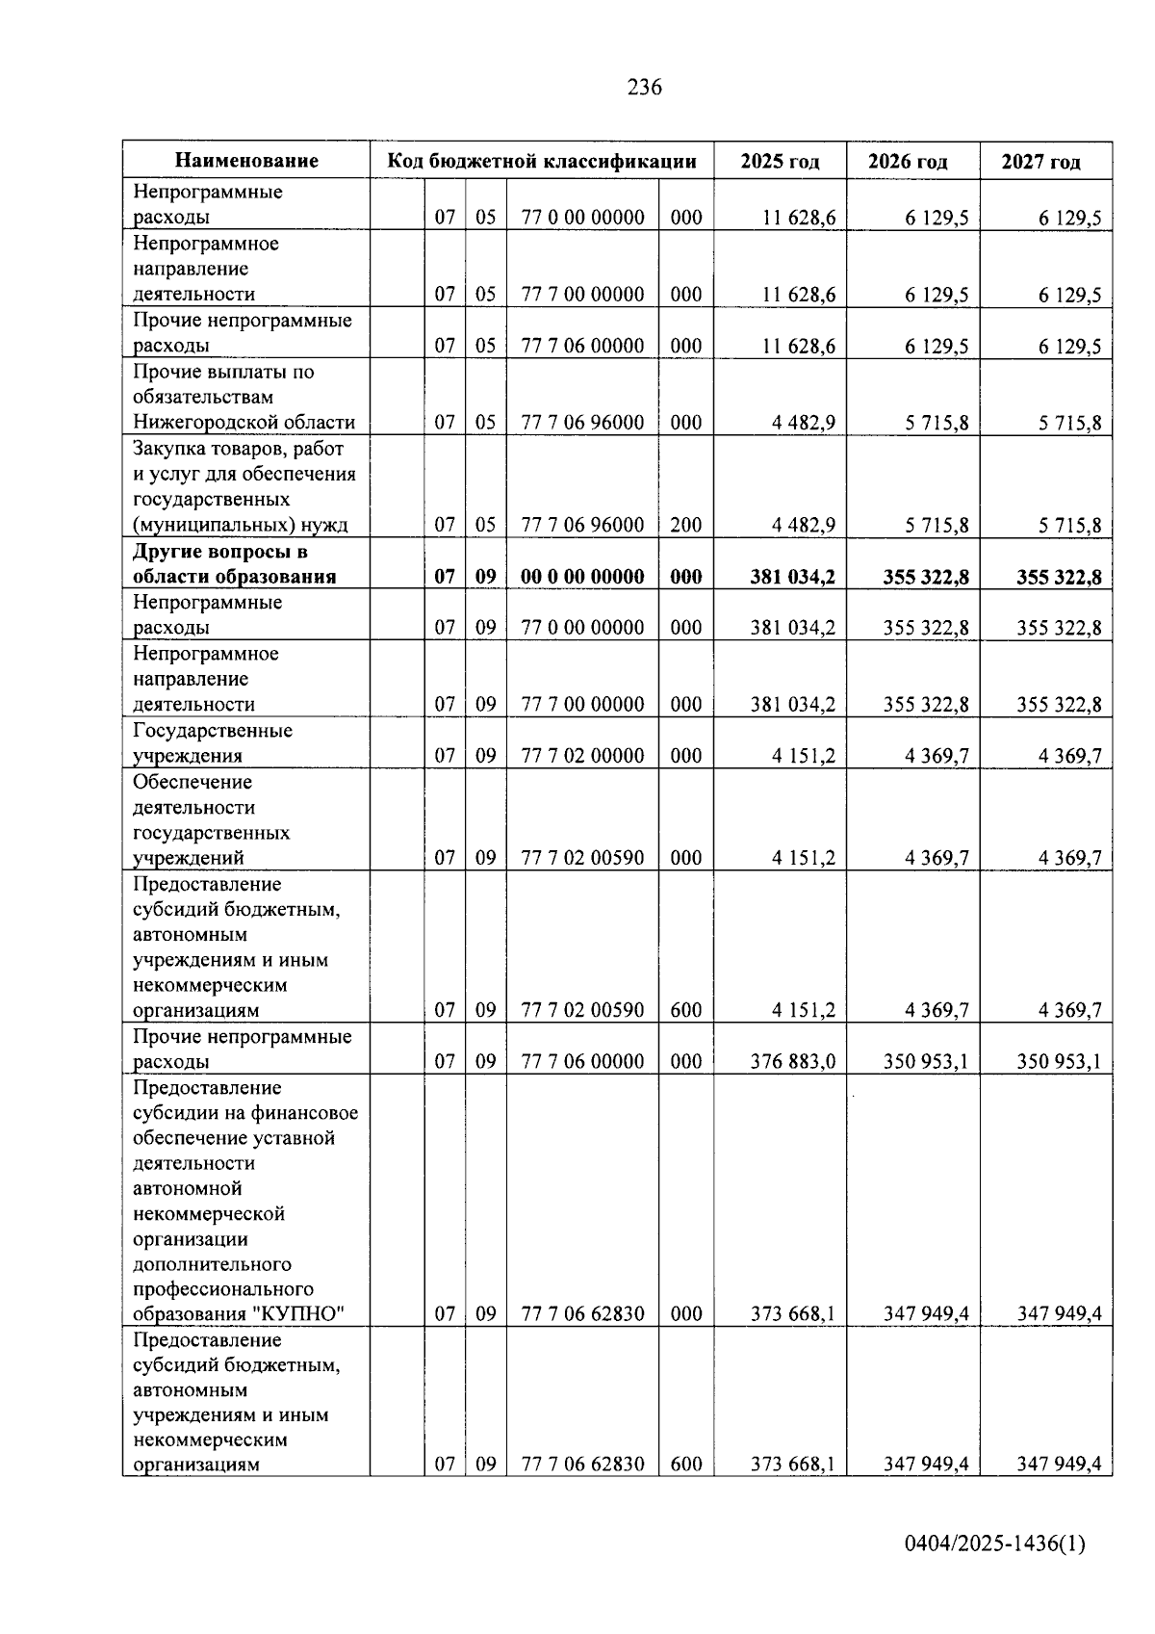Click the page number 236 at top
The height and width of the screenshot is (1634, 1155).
click(x=644, y=88)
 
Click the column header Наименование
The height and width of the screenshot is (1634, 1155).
click(x=246, y=161)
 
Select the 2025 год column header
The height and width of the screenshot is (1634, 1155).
click(x=780, y=161)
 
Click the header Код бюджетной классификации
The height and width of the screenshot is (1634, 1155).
click(x=542, y=161)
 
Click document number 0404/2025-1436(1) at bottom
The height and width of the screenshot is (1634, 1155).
click(x=994, y=1543)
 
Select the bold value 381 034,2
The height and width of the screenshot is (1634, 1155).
click(x=792, y=577)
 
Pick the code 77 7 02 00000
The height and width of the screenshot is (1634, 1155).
click(x=582, y=756)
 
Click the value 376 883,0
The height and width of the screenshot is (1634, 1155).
click(x=792, y=1061)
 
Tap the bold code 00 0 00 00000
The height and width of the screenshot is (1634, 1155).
click(x=582, y=577)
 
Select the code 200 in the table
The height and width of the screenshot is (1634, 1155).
click(x=686, y=525)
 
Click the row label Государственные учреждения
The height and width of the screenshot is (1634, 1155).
click(x=212, y=742)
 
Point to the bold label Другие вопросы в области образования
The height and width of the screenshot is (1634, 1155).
click(x=234, y=564)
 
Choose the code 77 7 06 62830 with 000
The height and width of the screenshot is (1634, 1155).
click(x=582, y=1313)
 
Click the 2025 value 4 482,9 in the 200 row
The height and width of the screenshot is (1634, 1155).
click(x=803, y=525)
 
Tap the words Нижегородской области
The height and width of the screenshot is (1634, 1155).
click(x=244, y=422)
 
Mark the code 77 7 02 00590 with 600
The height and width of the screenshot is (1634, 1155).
click(x=582, y=1010)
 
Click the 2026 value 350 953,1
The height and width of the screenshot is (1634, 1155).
click(x=925, y=1061)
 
